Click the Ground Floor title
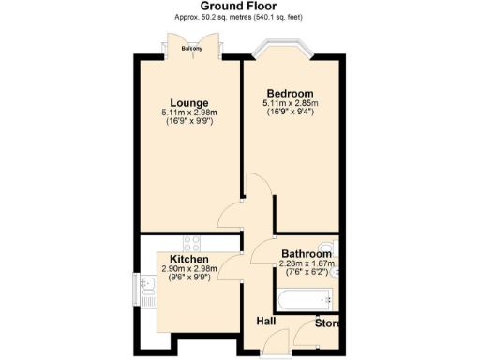pos(239,7)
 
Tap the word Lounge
pos(188,102)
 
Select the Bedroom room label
pos(290,94)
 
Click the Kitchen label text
pos(188,258)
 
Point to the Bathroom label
pos(307,254)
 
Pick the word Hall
pos(266,323)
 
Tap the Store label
pos(326,324)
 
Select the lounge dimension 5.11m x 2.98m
pos(188,112)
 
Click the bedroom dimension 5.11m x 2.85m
pos(290,104)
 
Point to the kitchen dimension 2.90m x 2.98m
pos(188,268)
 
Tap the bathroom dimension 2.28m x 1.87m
pos(307,263)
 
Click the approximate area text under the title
pos(239,19)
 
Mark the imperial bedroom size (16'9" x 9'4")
pos(290,113)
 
